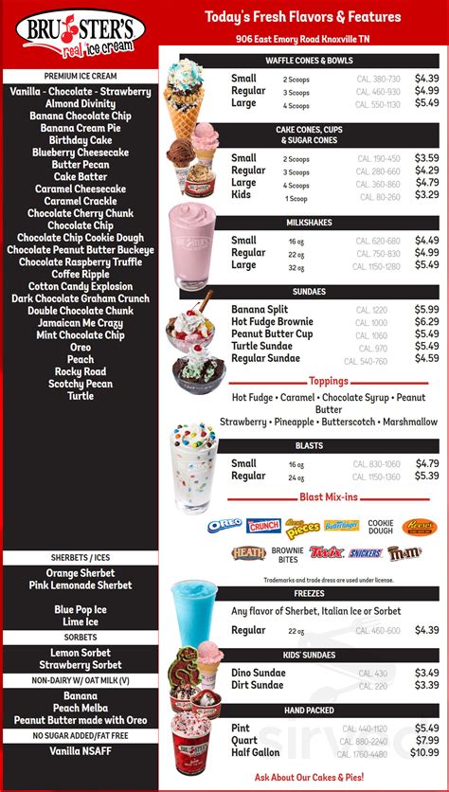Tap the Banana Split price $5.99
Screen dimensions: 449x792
coord(426,310)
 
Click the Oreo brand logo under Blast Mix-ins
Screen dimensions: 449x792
coord(224,525)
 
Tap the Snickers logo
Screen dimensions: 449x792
coord(366,552)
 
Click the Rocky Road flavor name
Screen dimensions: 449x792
coord(81,371)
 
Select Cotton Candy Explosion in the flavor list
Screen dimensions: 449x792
coord(81,286)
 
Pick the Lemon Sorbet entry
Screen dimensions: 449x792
coord(80,652)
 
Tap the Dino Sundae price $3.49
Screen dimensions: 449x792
coord(426,673)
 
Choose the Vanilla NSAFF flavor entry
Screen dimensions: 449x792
coord(81,750)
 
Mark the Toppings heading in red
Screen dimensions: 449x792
coord(329,381)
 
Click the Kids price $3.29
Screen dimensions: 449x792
coord(426,194)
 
